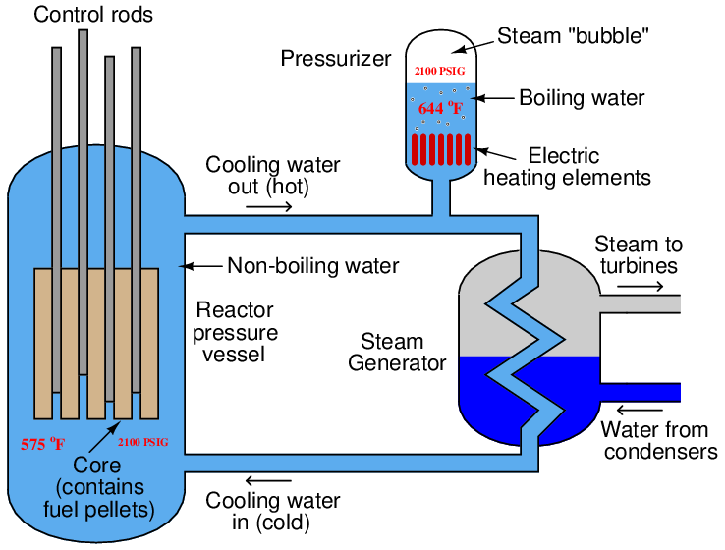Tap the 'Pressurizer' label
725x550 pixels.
tap(336, 59)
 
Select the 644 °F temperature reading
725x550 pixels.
tap(440, 108)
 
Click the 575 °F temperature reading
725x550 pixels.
tap(43, 444)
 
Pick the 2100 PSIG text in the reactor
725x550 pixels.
tap(142, 442)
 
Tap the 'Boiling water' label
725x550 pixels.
tap(582, 98)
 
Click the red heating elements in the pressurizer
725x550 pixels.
tap(440, 149)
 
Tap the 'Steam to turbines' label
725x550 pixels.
tap(639, 255)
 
